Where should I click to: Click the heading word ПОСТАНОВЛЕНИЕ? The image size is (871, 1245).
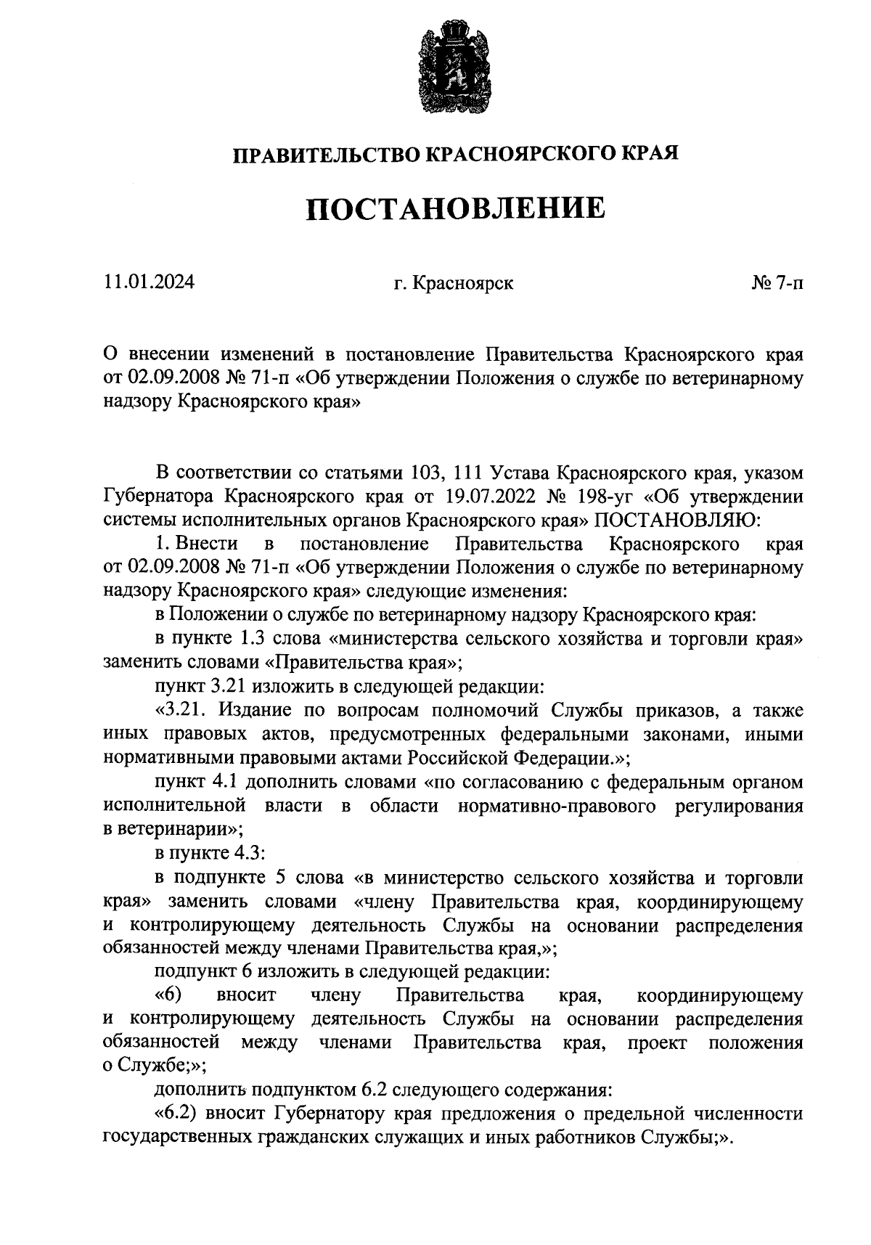coord(454,208)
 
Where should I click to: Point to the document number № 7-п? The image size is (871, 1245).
coord(777,282)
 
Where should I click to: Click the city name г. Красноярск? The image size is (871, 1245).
coord(454,282)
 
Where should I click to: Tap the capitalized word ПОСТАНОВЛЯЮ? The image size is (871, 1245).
coord(676,520)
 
